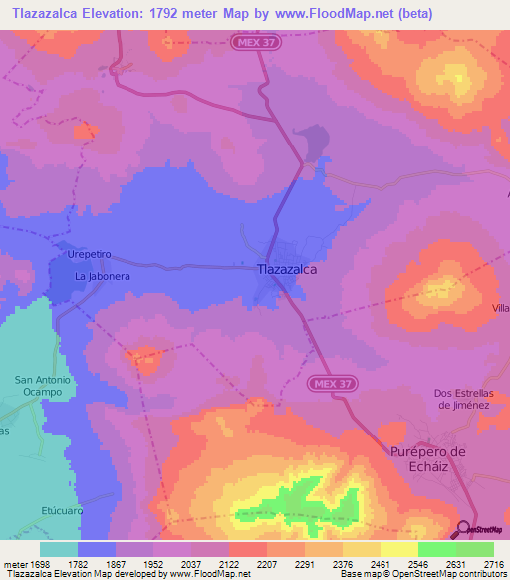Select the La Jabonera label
pyautogui.click(x=103, y=276)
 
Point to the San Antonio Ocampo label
pyautogui.click(x=43, y=386)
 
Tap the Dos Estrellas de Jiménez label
pyautogui.click(x=471, y=399)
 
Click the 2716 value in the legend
pyautogui.click(x=494, y=563)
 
